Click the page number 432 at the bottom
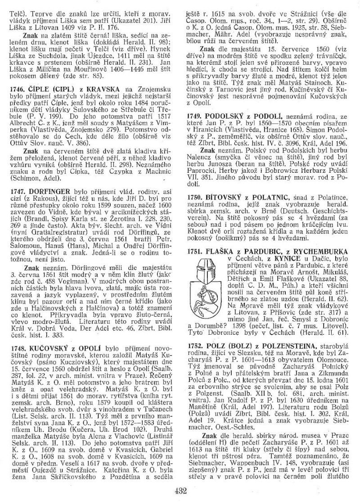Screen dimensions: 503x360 click(x=181, y=491)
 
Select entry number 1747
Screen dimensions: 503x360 click(x=15, y=203)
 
